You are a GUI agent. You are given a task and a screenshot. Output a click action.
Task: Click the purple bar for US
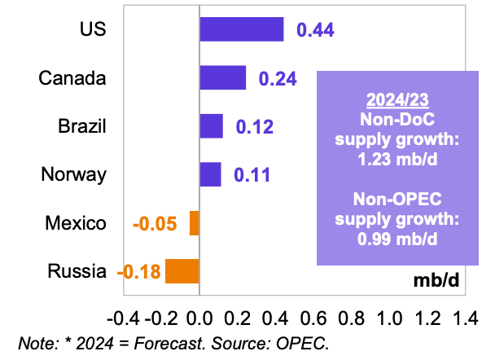click(241, 29)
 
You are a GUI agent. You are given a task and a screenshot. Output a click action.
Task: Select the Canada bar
click(222, 78)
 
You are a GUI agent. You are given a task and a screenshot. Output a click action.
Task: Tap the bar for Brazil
click(211, 126)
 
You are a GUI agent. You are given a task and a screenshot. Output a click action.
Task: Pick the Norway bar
click(210, 174)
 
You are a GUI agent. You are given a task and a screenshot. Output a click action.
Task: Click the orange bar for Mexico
click(195, 222)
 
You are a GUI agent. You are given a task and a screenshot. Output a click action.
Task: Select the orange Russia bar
click(182, 270)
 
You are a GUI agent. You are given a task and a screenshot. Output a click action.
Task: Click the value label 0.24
click(277, 79)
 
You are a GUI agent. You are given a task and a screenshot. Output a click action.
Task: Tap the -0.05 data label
click(155, 223)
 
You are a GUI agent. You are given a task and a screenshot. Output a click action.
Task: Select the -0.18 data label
click(139, 271)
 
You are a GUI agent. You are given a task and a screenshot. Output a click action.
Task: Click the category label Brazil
click(82, 127)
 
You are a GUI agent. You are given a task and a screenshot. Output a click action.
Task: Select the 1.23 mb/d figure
click(398, 158)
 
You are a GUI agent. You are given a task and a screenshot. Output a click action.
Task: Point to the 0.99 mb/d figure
click(398, 239)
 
